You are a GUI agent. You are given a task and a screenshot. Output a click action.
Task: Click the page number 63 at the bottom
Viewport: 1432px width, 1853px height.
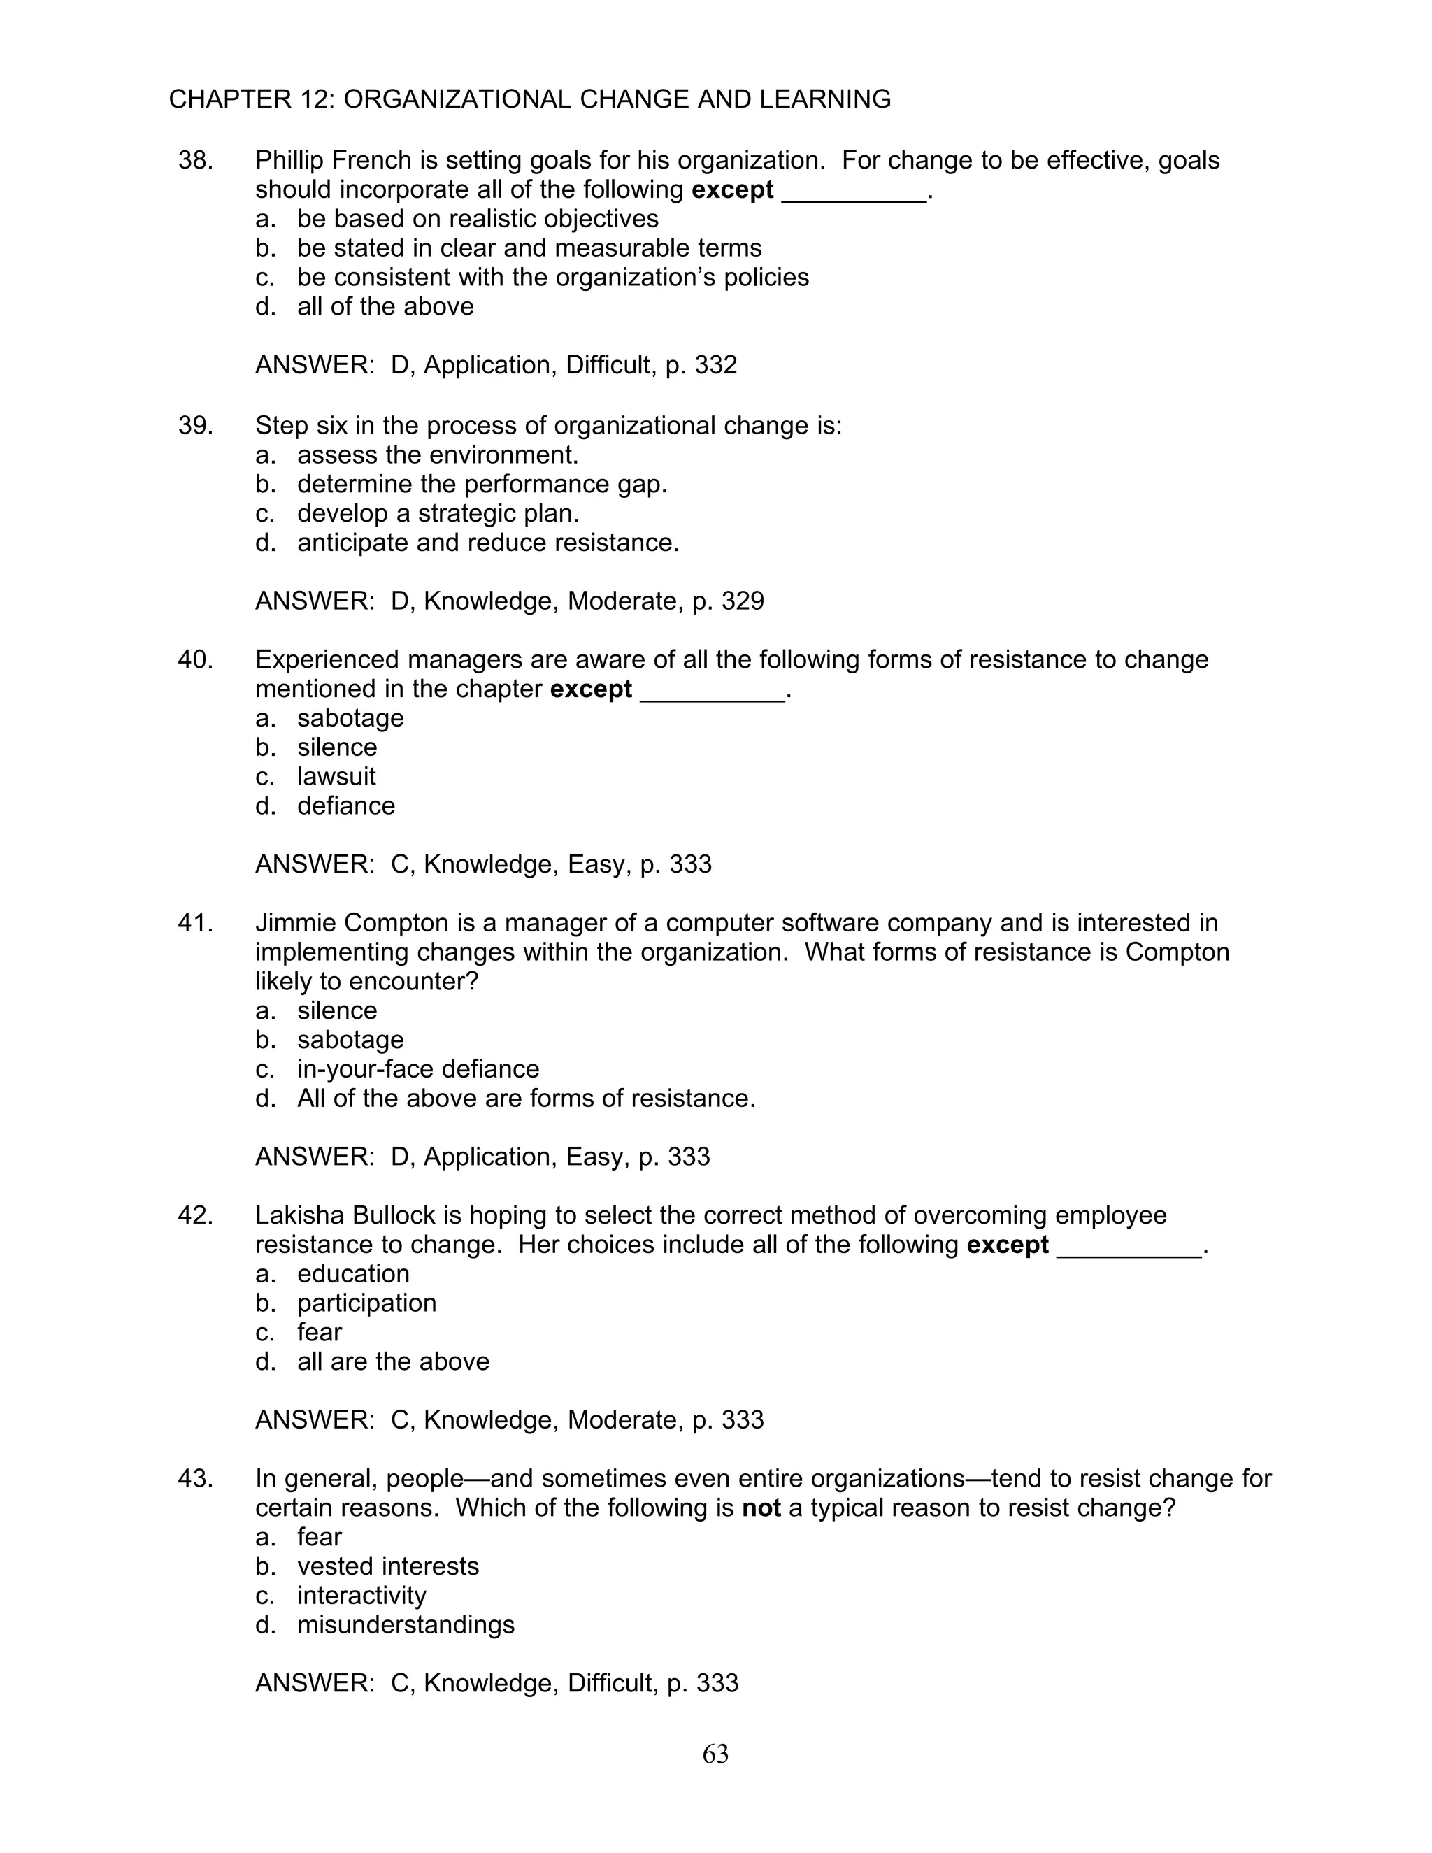tap(715, 1754)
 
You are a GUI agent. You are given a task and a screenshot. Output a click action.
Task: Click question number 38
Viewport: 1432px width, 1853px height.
tap(195, 160)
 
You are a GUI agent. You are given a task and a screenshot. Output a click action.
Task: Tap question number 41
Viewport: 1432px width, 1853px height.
tap(195, 922)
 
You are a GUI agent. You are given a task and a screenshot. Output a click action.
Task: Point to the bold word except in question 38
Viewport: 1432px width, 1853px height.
tap(732, 189)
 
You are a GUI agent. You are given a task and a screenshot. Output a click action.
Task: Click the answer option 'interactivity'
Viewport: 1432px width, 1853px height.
tap(361, 1595)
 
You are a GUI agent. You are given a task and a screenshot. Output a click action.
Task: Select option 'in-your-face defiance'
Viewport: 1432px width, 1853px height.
tap(417, 1069)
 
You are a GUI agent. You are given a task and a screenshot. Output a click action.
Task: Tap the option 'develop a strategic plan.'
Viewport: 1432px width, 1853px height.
tap(438, 513)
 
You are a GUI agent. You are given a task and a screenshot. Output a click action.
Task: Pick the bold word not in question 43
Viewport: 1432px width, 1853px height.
tap(761, 1508)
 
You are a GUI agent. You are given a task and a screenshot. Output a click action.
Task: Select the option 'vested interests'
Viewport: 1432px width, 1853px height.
tap(387, 1566)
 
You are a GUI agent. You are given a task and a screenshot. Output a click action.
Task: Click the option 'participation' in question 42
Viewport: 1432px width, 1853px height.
tap(366, 1303)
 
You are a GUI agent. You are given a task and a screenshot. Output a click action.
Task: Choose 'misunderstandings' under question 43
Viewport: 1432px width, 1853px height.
tap(406, 1625)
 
